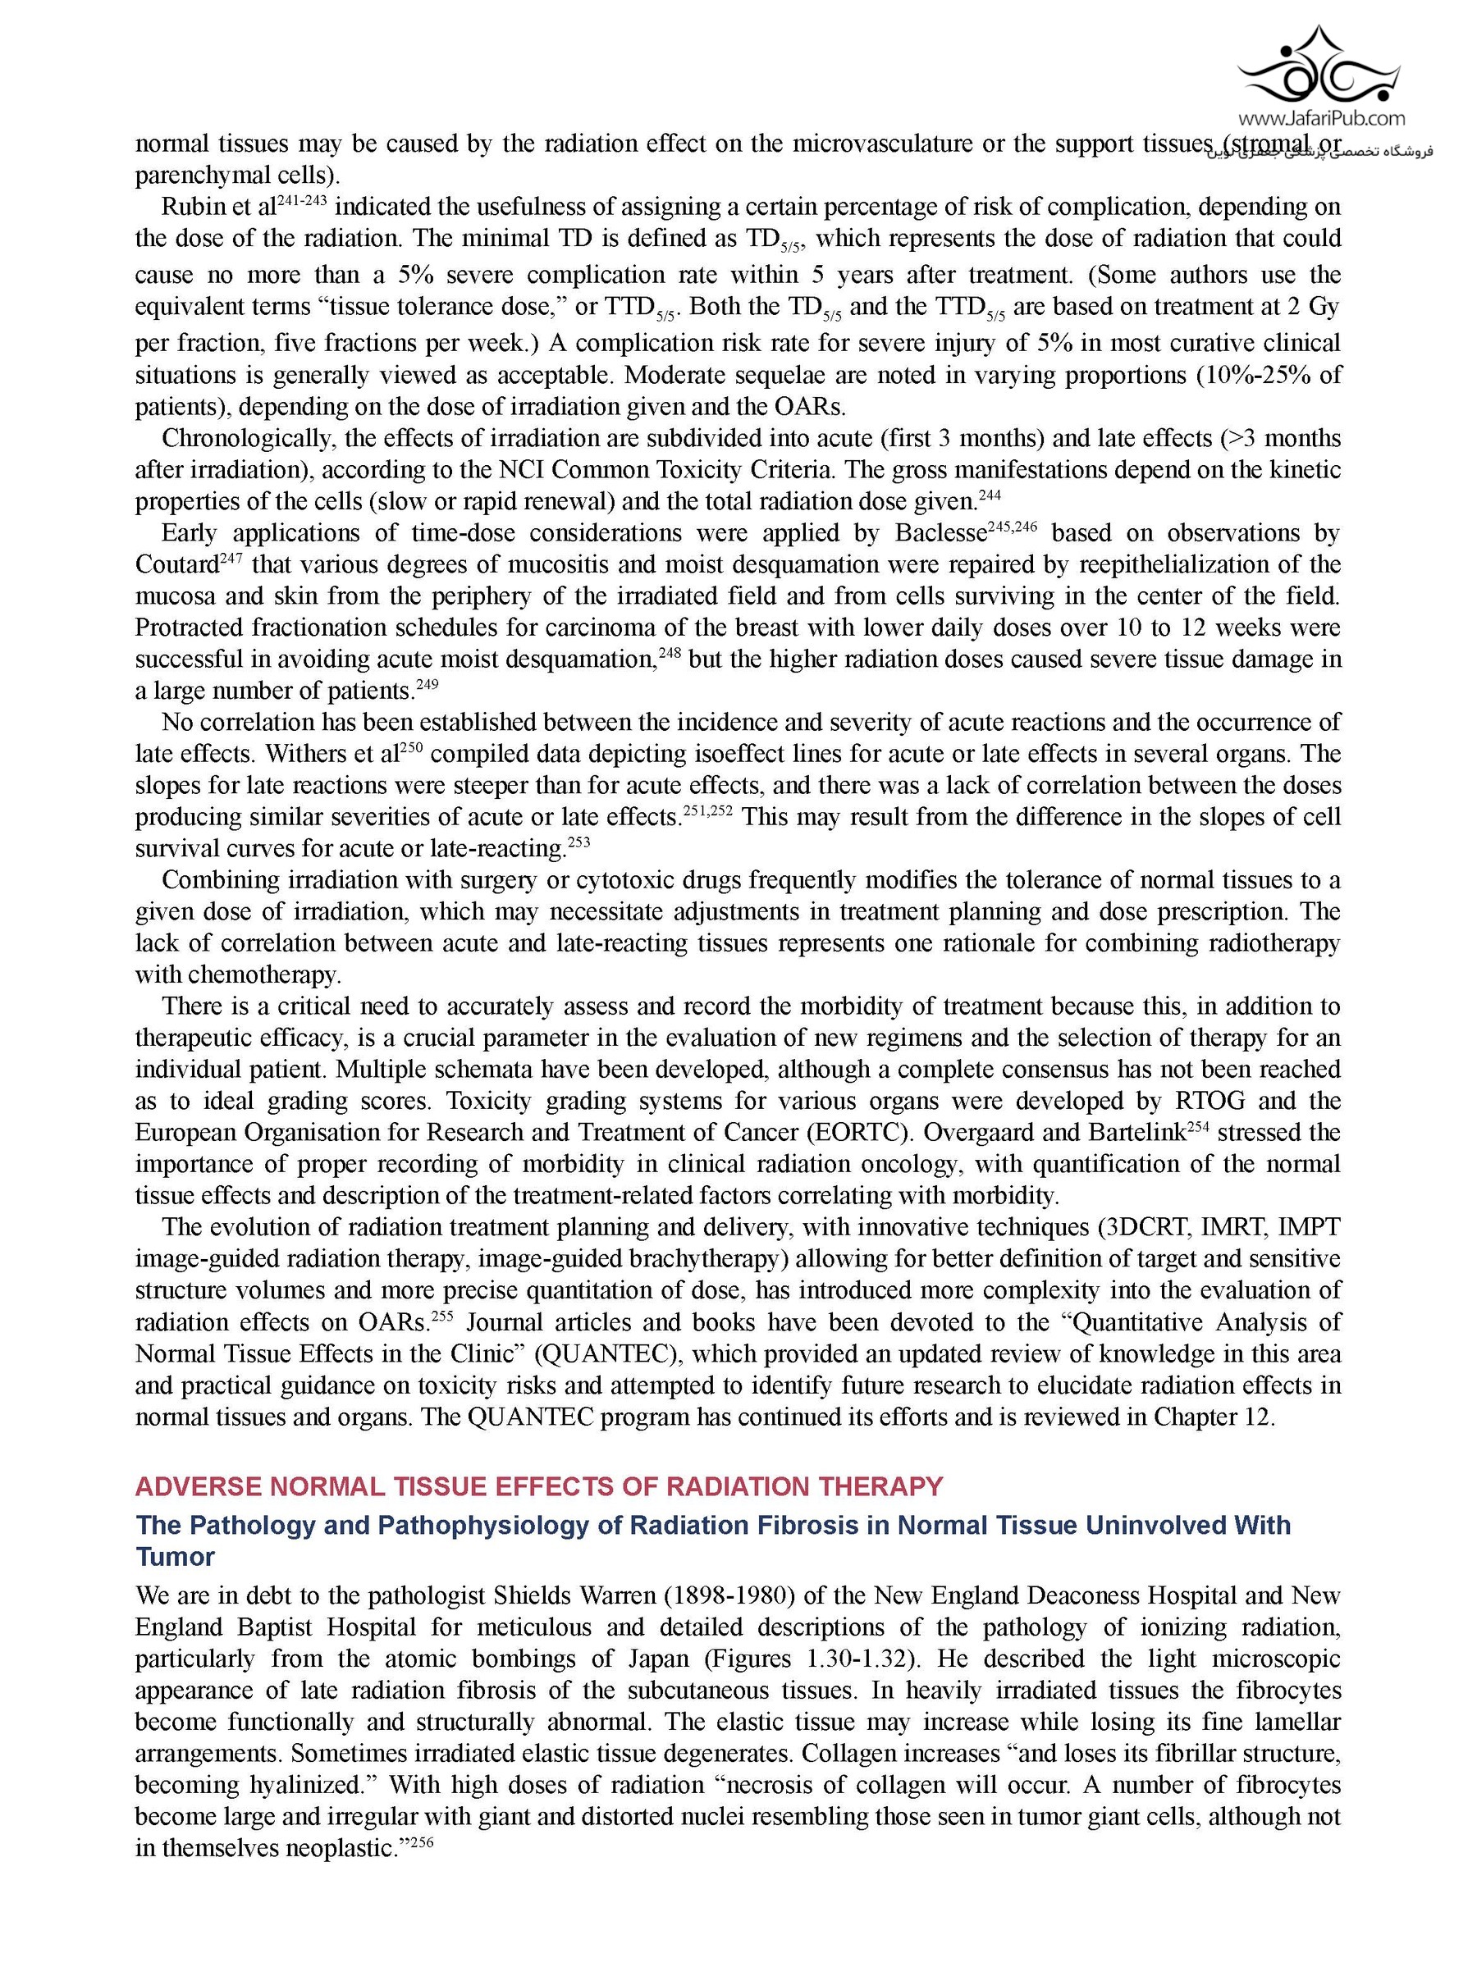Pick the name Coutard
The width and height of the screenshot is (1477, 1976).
(x=176, y=565)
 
